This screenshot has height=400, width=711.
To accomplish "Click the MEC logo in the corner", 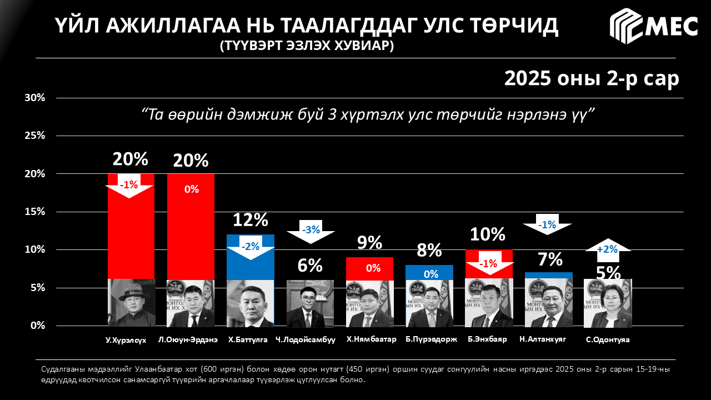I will pos(654,26).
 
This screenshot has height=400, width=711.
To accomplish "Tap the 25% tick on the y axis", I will pos(34,136).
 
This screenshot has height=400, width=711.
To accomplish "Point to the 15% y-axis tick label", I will pos(34,212).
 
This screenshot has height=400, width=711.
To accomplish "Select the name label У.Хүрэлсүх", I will pos(126,340).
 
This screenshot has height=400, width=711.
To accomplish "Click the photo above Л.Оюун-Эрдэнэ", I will pos(191,303).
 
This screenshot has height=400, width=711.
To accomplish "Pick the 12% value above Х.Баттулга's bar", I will pos(251,220).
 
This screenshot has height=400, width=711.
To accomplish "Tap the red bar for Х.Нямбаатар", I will pos(369,268).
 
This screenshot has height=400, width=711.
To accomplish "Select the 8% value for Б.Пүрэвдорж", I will pos(429,251).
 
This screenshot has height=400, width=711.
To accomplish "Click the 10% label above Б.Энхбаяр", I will pos(488,234).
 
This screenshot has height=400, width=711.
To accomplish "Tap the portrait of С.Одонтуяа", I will pos(608,303).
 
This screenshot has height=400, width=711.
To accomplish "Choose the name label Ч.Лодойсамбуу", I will pos(306,340).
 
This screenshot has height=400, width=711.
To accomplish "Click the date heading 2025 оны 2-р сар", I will pos(592,78).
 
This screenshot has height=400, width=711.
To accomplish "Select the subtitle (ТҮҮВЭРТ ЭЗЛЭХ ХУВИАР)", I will pos(307,46).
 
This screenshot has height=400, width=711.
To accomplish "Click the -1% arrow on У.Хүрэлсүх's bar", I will pos(129,186).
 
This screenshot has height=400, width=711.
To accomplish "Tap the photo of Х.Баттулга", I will pos(251,303).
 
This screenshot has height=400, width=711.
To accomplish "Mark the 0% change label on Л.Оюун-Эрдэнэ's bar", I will pos(191,189).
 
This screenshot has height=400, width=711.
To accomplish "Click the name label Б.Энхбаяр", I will pos(487,339).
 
